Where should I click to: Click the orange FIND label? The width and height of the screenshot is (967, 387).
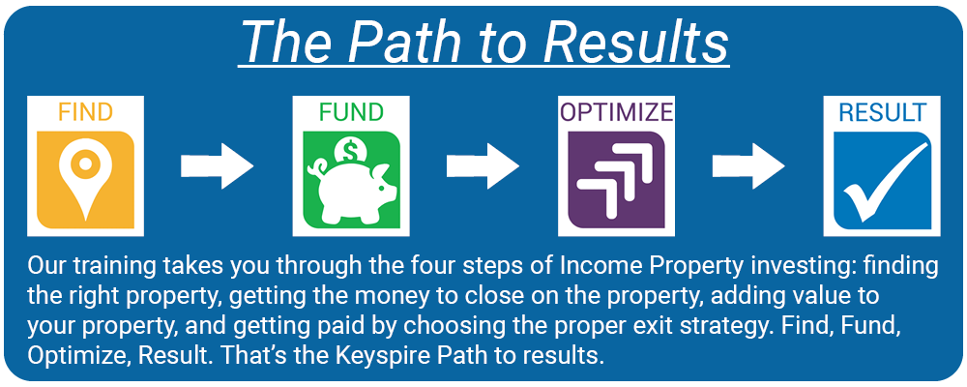coord(86,112)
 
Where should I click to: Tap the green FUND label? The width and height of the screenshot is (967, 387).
coord(351,112)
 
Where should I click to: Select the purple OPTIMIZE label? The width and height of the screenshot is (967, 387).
coord(616,112)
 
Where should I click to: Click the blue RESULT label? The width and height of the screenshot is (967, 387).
coord(882,112)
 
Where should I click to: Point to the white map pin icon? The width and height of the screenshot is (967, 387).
coord(85,175)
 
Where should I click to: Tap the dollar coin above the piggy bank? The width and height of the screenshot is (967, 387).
coord(348,149)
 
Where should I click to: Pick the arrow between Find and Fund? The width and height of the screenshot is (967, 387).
coord(217,165)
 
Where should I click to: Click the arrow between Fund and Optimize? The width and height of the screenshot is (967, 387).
coord(483,165)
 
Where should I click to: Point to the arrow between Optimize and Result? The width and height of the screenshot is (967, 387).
coord(748,165)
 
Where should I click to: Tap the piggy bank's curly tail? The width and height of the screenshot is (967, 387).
coord(321,167)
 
